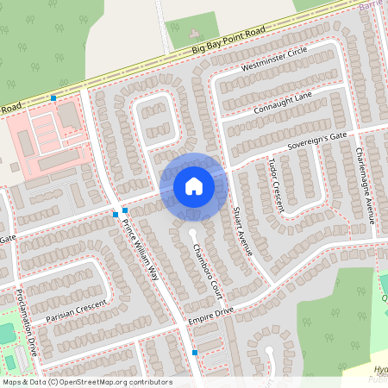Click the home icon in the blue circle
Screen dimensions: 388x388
(x=194, y=185)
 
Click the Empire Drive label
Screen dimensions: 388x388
(x=210, y=321)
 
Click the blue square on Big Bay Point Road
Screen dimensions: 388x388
(x=53, y=98)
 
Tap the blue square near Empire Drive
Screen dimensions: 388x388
(x=195, y=353)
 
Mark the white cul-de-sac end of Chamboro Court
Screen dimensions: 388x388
(x=192, y=234)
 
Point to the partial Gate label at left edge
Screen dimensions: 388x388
(x=7, y=237)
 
